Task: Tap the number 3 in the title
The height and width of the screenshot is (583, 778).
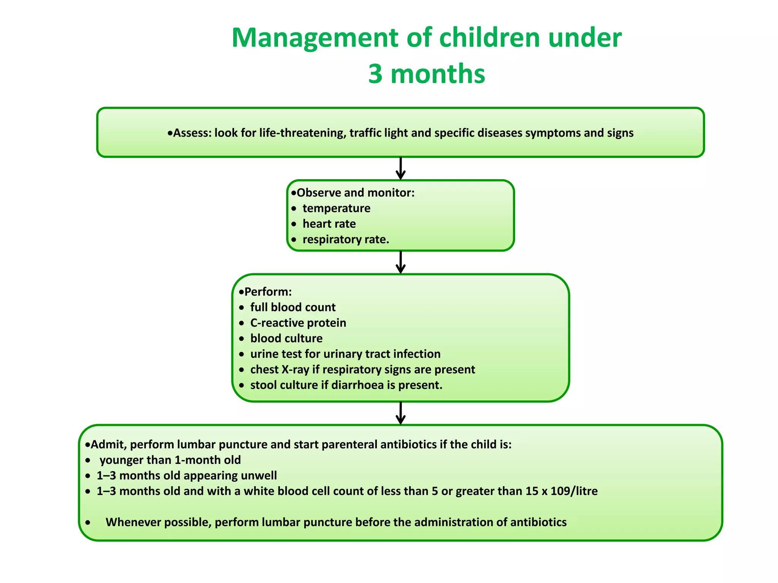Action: click(x=375, y=74)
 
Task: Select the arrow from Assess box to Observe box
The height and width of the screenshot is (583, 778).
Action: click(x=400, y=169)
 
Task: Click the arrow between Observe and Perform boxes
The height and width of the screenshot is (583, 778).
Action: click(x=400, y=262)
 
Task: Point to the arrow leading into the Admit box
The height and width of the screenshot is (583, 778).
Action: click(x=400, y=413)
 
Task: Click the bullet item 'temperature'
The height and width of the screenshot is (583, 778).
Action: click(x=336, y=208)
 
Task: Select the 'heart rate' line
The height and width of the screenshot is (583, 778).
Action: click(x=329, y=224)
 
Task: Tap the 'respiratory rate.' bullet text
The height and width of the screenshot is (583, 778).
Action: click(x=346, y=240)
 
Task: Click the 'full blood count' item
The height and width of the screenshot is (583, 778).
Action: click(x=293, y=307)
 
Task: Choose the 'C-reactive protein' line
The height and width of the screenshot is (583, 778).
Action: click(x=298, y=323)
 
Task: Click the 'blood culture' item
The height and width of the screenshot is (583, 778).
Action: click(x=286, y=338)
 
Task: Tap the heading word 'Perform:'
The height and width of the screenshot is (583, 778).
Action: click(x=268, y=291)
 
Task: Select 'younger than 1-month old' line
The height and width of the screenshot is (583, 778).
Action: click(x=170, y=460)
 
